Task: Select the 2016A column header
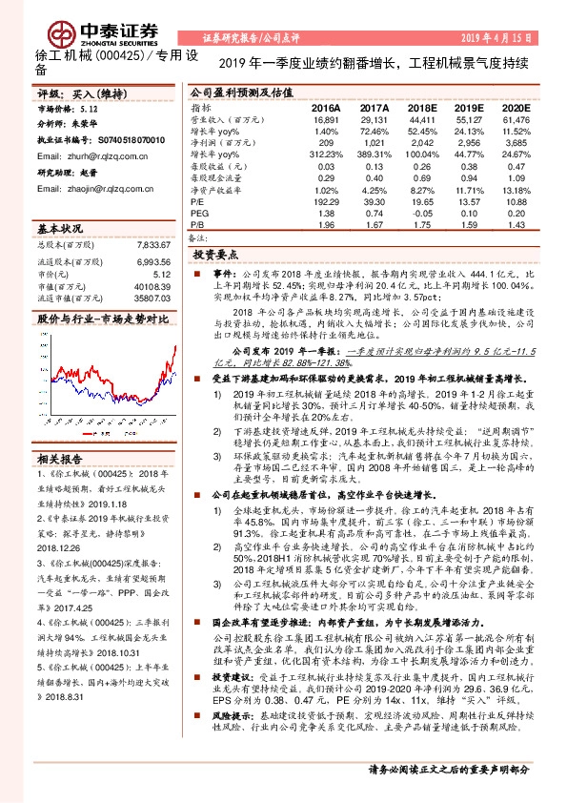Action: click(325, 110)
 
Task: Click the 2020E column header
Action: click(514, 110)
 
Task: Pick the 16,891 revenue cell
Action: click(325, 121)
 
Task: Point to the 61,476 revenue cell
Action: click(514, 121)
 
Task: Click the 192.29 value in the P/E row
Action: click(325, 201)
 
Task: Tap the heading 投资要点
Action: click(214, 256)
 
